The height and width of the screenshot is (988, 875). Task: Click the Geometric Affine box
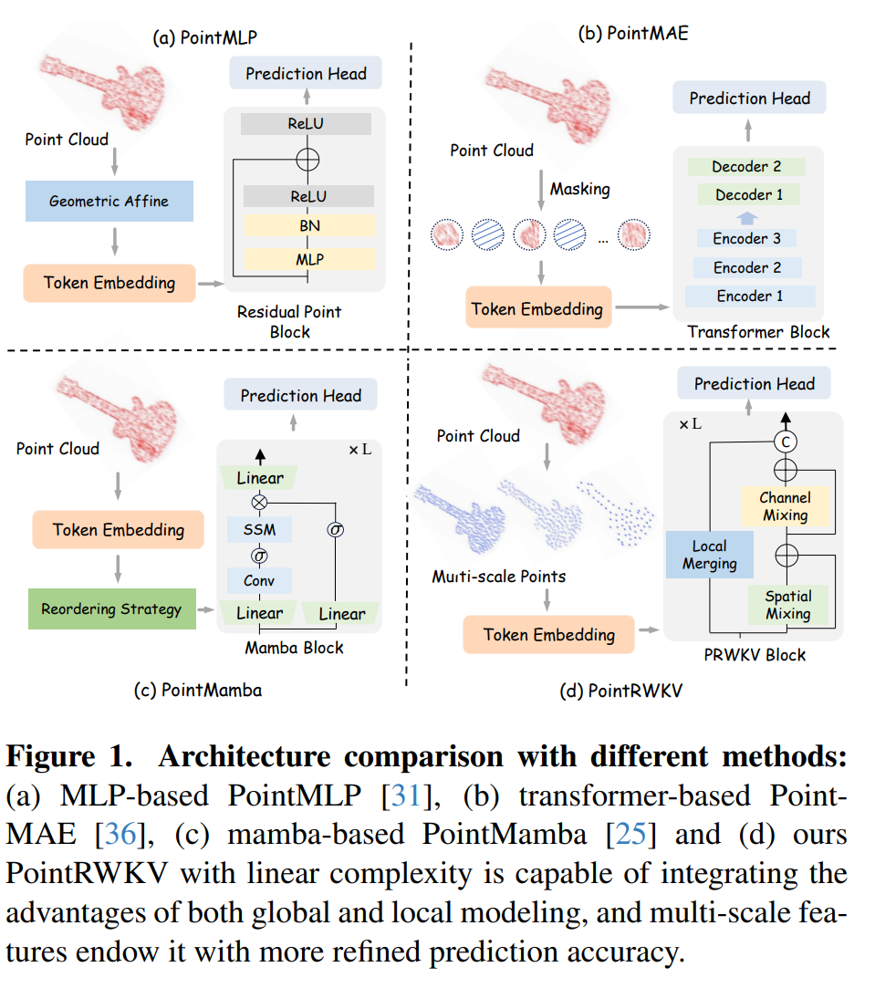coord(109,201)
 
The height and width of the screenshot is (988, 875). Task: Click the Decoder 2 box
coord(746,167)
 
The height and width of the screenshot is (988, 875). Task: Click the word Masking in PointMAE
coord(579,190)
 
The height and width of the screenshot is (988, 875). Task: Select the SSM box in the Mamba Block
coord(260,529)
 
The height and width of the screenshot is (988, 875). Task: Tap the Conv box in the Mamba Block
coord(260,581)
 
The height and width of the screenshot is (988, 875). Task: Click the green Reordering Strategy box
coord(111,608)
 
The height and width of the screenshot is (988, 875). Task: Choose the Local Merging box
coord(709,555)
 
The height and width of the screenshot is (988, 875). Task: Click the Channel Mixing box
coord(785,506)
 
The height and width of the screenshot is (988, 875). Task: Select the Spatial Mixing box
coord(788,604)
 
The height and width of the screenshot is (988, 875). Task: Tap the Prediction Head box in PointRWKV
coord(754,384)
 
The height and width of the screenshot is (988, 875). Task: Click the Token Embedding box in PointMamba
coord(119,530)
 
